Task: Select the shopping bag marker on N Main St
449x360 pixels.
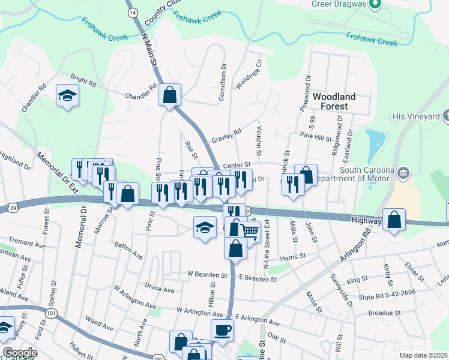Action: (x=170, y=94)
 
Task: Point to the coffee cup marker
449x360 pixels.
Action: (x=222, y=329)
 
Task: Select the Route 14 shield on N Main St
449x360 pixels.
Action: (x=133, y=12)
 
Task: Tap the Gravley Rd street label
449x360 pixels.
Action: (x=226, y=136)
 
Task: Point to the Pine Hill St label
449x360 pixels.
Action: (x=316, y=138)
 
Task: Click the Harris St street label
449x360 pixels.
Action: (x=293, y=256)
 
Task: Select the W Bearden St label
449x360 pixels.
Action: (x=207, y=275)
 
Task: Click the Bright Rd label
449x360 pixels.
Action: (x=83, y=80)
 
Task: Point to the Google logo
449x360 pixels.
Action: (x=19, y=352)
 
